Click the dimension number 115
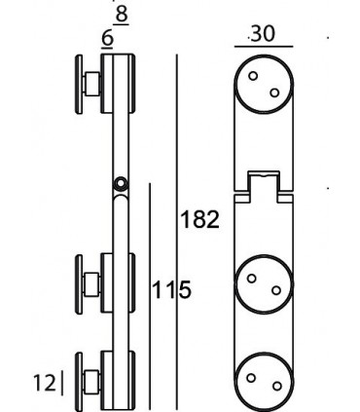tap(171, 288)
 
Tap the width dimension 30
tap(262, 34)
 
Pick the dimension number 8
tap(121, 15)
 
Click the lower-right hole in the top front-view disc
tap(274, 93)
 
